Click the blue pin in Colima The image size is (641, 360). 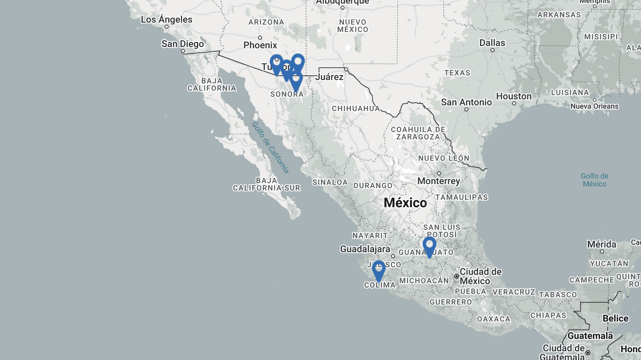378,269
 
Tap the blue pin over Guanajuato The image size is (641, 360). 429,246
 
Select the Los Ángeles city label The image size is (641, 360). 166,19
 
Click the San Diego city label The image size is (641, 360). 182,44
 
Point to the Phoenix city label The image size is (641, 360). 260,45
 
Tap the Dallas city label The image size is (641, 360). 492,43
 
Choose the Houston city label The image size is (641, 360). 513,96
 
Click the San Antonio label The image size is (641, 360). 466,102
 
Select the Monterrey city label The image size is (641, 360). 438,181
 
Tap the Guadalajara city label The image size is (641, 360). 365,249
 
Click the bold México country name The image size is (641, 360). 405,203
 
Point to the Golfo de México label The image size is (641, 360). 594,180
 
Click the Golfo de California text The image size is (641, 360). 270,147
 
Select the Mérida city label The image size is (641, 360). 602,244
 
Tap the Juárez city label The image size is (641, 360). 329,77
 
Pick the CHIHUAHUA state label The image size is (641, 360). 356,108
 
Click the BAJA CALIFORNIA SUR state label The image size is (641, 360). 266,184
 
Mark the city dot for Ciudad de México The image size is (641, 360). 456,276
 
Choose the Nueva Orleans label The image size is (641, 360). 594,106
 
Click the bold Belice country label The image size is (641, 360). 615,318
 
